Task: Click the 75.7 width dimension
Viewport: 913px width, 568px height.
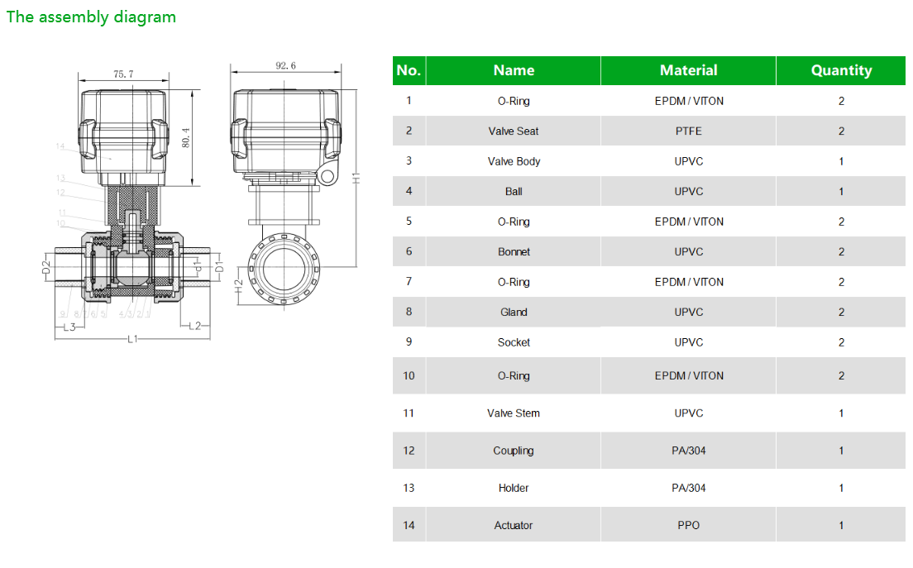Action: (x=123, y=74)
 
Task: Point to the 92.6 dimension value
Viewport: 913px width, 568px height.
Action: (x=285, y=66)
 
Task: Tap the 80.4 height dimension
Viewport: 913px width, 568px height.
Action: (x=186, y=137)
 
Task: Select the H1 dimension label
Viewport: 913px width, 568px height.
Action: (x=356, y=176)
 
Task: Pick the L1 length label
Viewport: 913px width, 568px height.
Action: (x=132, y=340)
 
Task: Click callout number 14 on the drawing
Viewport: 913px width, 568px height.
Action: (x=60, y=146)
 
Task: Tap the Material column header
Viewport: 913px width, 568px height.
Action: (x=688, y=70)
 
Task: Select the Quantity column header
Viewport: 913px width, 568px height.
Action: (x=841, y=70)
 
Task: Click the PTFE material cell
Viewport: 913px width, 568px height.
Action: (x=688, y=131)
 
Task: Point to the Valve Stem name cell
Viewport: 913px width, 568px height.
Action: (x=514, y=413)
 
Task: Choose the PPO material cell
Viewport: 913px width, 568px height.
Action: (x=688, y=525)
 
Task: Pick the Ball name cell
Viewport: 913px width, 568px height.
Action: (x=514, y=191)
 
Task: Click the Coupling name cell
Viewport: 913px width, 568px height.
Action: (x=514, y=451)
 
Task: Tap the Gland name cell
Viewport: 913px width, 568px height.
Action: (x=514, y=312)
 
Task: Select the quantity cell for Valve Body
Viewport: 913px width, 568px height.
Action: (x=841, y=161)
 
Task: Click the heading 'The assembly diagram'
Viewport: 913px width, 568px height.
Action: (x=91, y=17)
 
